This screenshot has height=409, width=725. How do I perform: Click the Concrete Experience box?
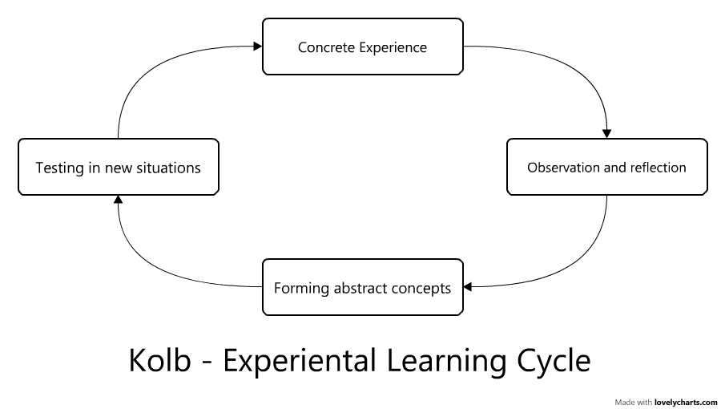[362, 47]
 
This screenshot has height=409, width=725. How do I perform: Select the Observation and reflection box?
[606, 167]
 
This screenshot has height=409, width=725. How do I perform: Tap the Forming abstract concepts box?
[362, 287]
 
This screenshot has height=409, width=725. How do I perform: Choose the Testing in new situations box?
[118, 167]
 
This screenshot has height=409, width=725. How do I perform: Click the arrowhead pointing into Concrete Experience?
[257, 47]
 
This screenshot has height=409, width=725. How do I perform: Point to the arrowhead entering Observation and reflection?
[606, 133]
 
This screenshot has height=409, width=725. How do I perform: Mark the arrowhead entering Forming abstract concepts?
[469, 287]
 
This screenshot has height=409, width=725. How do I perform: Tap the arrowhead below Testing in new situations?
[118, 200]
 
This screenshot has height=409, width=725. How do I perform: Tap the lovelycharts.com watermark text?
[687, 401]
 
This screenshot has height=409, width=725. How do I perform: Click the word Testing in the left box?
[58, 168]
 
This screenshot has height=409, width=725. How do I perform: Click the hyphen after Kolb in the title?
[206, 363]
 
